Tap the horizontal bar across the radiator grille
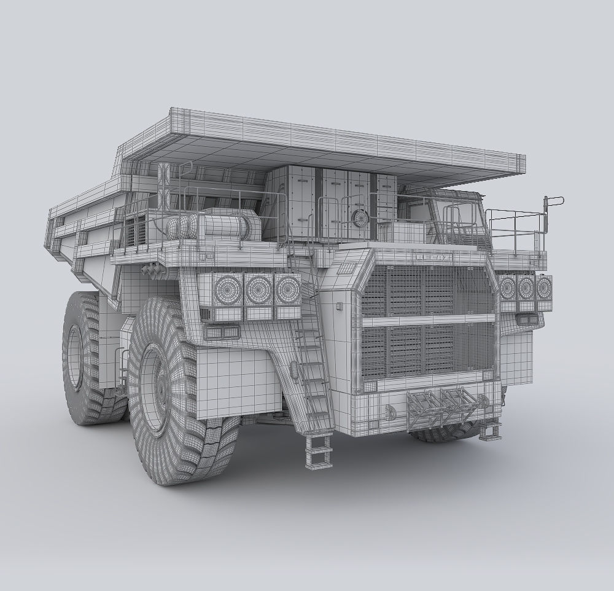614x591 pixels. (x=428, y=320)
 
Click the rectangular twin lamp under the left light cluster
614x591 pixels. (x=223, y=332)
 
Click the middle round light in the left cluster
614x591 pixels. (x=258, y=289)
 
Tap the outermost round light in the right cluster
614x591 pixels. (x=544, y=287)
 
